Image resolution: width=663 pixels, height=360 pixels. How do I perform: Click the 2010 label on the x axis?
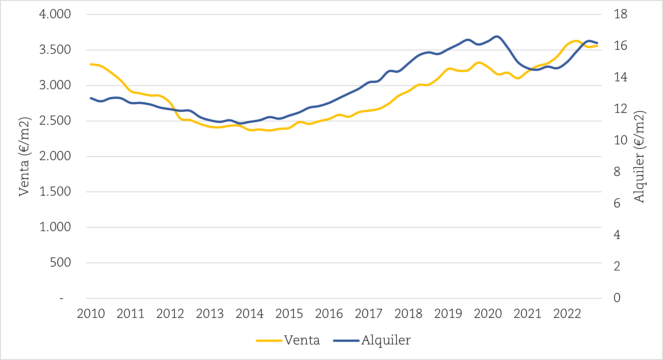(x=91, y=314)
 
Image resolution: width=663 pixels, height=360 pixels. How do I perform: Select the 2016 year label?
(x=329, y=314)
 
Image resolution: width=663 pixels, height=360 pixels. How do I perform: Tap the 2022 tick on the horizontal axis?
(x=567, y=314)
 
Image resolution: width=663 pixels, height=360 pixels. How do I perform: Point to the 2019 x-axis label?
(x=448, y=314)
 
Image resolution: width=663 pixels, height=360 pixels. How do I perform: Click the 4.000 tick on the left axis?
(x=55, y=14)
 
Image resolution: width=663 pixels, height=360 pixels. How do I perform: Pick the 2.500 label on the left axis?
(x=55, y=121)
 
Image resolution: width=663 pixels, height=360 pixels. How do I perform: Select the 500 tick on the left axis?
(x=60, y=262)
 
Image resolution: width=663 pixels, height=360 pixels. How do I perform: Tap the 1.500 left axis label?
(x=55, y=192)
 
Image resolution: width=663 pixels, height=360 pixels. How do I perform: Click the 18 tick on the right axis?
(x=621, y=14)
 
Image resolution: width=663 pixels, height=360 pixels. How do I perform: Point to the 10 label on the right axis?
(x=621, y=140)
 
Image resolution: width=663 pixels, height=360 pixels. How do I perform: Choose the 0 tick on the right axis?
(x=617, y=298)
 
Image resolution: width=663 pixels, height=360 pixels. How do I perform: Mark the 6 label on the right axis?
(x=617, y=203)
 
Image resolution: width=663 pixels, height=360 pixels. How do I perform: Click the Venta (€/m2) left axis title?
(x=24, y=157)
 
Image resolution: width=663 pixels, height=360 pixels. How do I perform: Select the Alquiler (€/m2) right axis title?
(x=639, y=157)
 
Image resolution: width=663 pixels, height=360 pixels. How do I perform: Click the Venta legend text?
(x=302, y=340)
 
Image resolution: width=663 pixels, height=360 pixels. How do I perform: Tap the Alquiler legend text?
(x=386, y=340)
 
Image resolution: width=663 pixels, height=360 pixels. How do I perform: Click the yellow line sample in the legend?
(x=269, y=341)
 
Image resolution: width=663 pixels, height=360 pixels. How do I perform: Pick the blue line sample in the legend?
(x=346, y=341)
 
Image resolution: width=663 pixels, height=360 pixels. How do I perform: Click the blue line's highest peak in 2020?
(x=497, y=36)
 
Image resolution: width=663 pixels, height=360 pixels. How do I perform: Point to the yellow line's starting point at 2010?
(x=91, y=64)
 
